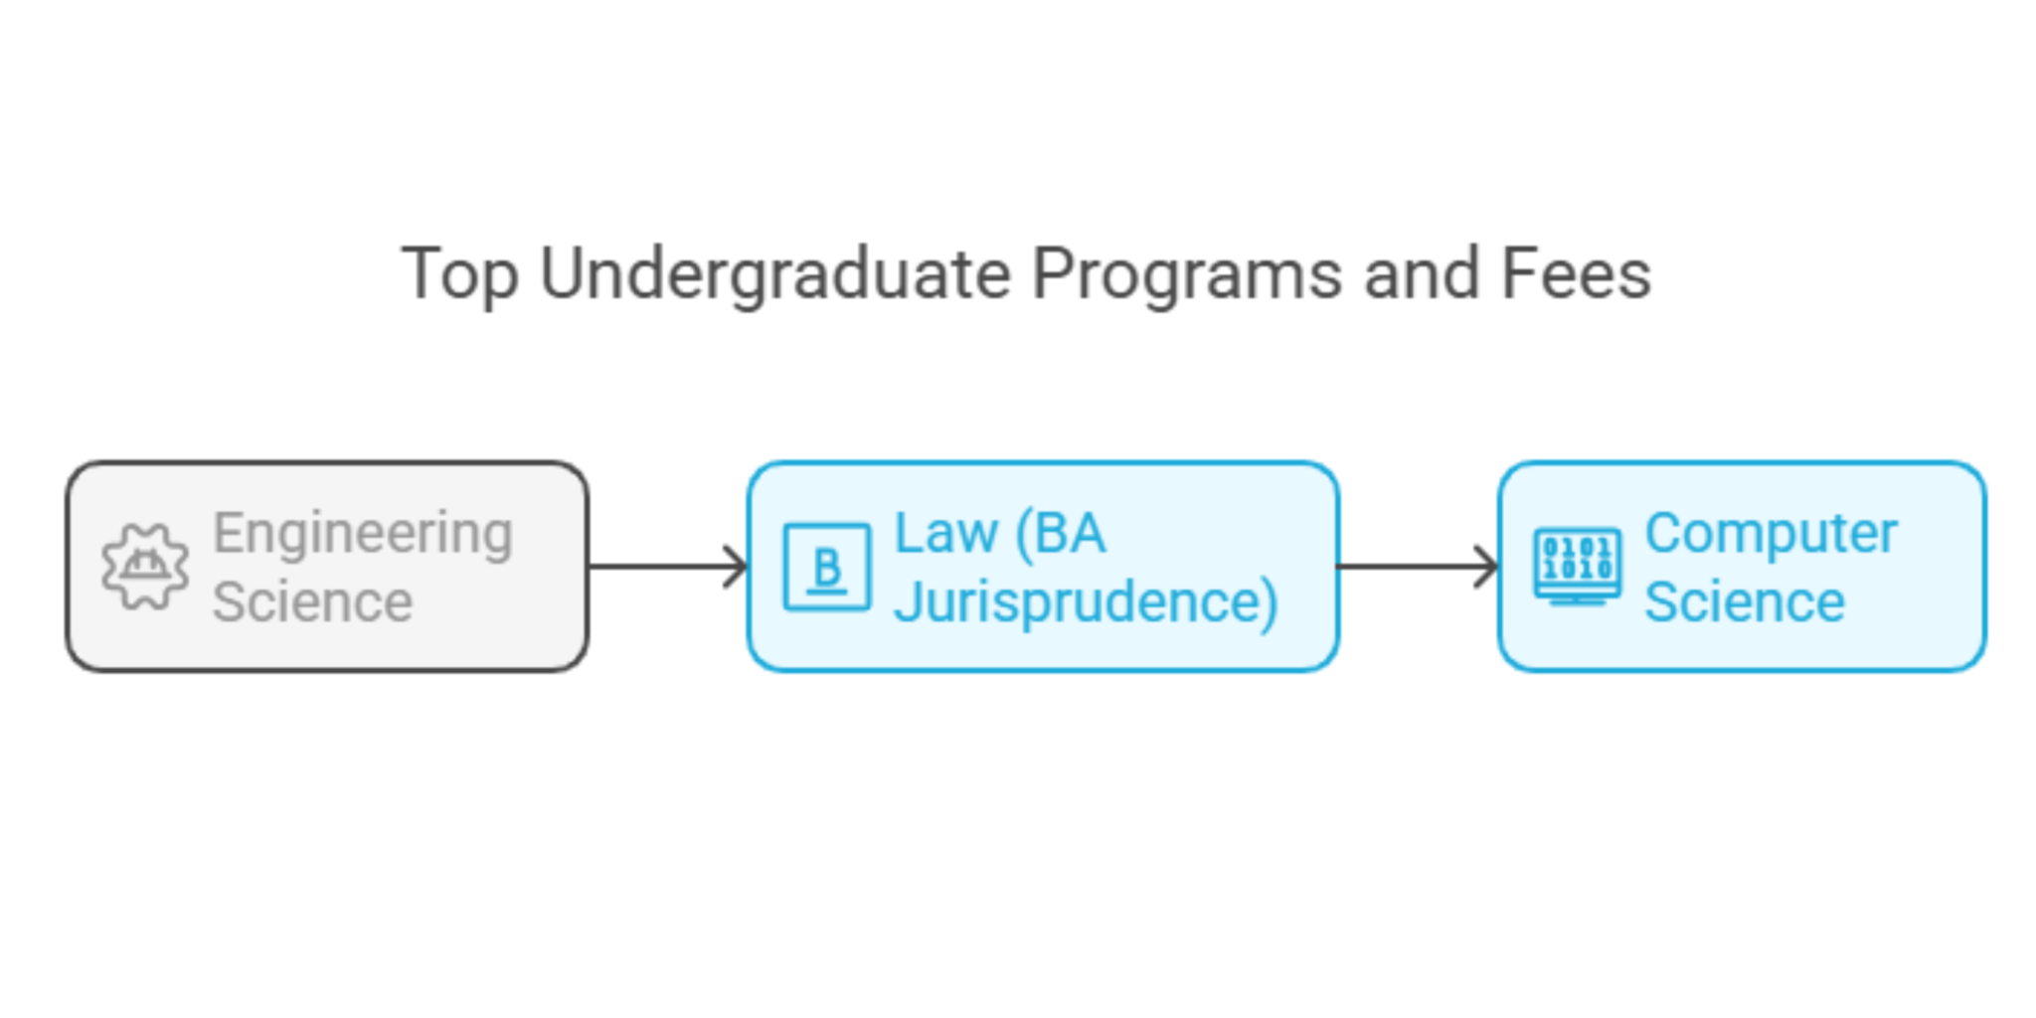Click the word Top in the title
459,274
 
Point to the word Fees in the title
1576,274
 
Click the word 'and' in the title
1422,274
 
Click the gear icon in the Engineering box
145,567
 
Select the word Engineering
363,533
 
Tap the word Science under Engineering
312,601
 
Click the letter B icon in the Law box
827,567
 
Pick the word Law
945,533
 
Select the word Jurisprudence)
1086,602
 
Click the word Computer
1771,533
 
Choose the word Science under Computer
1745,601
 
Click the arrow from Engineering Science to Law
661,567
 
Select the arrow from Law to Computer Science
1412,567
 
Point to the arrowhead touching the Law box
737,567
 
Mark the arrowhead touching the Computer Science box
1487,567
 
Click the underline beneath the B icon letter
827,592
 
